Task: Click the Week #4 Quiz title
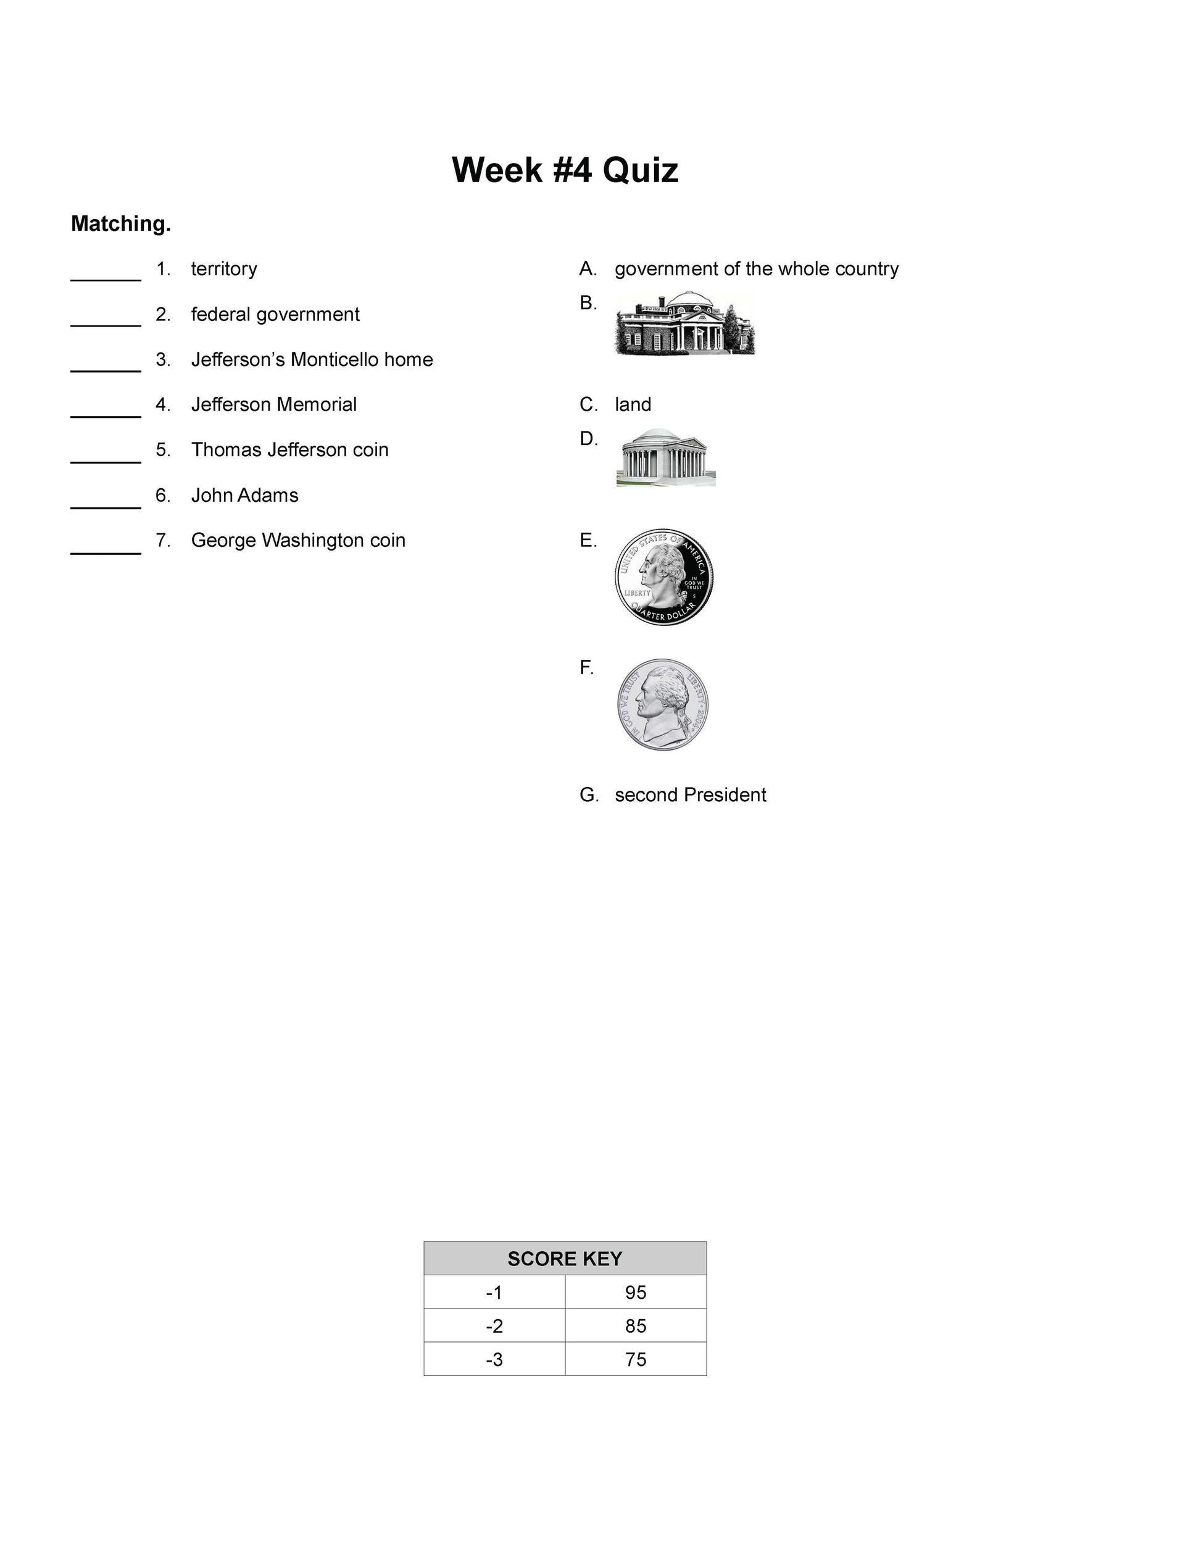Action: (564, 170)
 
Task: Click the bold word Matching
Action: (120, 224)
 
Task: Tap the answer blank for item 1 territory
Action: (106, 274)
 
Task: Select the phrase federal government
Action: (275, 315)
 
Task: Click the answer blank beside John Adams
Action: (106, 501)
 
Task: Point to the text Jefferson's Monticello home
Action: (312, 359)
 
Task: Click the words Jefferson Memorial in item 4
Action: (274, 404)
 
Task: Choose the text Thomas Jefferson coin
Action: (289, 450)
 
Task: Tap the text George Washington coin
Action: (298, 541)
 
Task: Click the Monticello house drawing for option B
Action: (684, 322)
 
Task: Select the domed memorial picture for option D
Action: (665, 457)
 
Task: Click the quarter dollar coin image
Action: (663, 577)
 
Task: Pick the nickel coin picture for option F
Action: (663, 704)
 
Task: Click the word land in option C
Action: (633, 404)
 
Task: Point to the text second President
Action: (689, 794)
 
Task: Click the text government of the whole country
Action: (756, 269)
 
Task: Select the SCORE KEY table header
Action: (564, 1259)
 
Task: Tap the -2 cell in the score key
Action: (494, 1325)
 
